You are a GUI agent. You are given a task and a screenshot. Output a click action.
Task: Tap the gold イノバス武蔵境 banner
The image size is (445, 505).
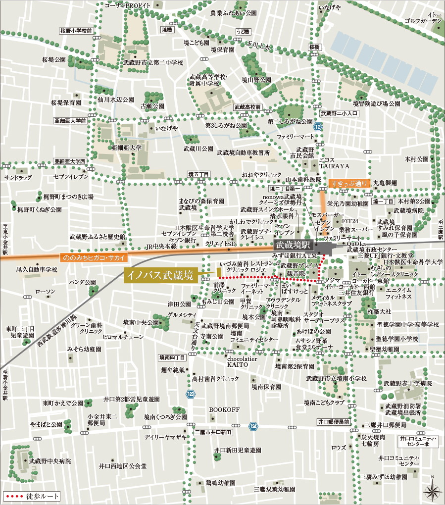160,275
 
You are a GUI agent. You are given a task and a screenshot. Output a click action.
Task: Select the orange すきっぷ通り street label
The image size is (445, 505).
349,183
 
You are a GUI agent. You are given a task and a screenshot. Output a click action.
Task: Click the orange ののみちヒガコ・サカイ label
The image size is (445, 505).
93,257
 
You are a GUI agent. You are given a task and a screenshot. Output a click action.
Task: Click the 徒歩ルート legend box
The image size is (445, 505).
32,496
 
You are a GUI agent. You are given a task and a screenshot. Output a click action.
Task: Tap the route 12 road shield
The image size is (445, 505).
317,127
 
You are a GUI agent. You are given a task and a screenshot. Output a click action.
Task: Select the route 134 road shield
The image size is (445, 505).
254,425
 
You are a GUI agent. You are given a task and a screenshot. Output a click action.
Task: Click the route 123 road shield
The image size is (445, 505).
191,394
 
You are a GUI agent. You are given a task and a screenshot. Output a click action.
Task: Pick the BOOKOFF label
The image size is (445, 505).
224,410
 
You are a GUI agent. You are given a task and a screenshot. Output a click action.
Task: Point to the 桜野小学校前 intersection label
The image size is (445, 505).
76,30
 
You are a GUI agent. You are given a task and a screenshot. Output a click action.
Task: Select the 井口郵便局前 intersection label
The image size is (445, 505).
334,422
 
